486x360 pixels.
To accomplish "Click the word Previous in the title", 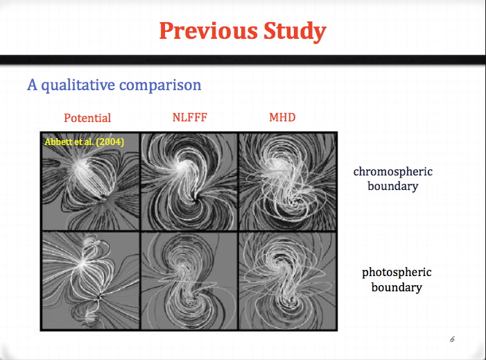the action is tap(208, 31).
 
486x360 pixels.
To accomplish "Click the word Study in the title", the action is tap(295, 31).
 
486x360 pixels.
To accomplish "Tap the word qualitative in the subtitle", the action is tap(78, 85).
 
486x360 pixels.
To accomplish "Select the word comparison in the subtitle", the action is tap(160, 85).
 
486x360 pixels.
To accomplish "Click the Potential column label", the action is tap(87, 118).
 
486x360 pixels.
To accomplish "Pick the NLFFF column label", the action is tap(190, 117).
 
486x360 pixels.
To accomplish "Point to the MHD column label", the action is tap(282, 117).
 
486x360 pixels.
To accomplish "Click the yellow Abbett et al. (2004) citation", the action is tap(85, 142).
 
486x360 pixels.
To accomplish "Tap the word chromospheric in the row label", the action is tap(392, 171).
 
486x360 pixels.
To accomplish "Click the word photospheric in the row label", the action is tap(397, 272).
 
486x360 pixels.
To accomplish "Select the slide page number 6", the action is tap(452, 339).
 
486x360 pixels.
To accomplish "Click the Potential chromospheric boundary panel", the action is tap(91, 182).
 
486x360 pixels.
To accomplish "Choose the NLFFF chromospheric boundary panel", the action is tap(189, 182).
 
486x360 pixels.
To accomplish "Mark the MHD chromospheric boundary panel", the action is tap(288, 182).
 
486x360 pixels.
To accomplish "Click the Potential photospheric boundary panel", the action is tap(91, 281).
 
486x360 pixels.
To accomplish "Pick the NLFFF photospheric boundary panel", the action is tap(189, 281).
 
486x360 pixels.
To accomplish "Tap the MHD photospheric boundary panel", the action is tap(288, 281).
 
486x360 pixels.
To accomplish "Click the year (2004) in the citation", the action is tap(110, 142).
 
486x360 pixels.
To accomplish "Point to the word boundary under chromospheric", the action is tap(392, 186).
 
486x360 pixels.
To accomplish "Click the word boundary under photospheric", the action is tap(397, 287).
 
